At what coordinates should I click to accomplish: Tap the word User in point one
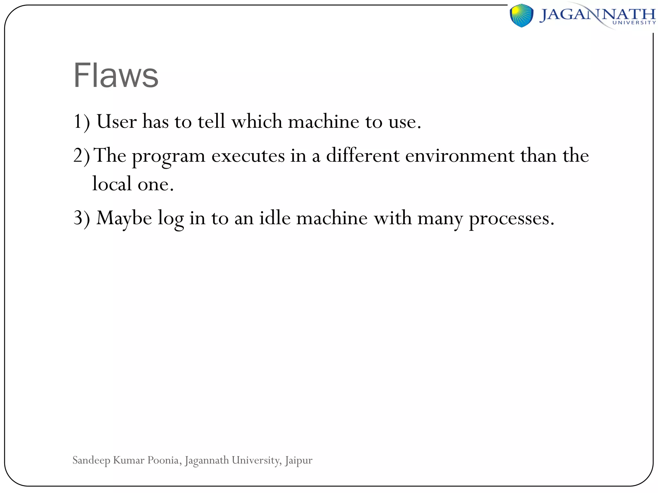(117, 122)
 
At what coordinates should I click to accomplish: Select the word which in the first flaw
(257, 122)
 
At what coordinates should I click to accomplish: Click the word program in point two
(169, 156)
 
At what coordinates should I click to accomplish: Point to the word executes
(248, 156)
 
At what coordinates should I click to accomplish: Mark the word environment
(460, 156)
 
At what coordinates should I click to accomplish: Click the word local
(112, 184)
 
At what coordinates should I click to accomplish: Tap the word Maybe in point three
(124, 219)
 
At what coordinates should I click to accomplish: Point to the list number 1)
(82, 122)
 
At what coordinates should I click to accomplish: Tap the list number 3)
(82, 218)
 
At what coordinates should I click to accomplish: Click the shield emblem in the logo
(521, 15)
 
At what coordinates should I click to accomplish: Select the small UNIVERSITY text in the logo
(634, 23)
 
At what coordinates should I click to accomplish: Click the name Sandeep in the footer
(91, 461)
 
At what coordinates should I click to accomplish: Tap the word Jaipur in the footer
(298, 461)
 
